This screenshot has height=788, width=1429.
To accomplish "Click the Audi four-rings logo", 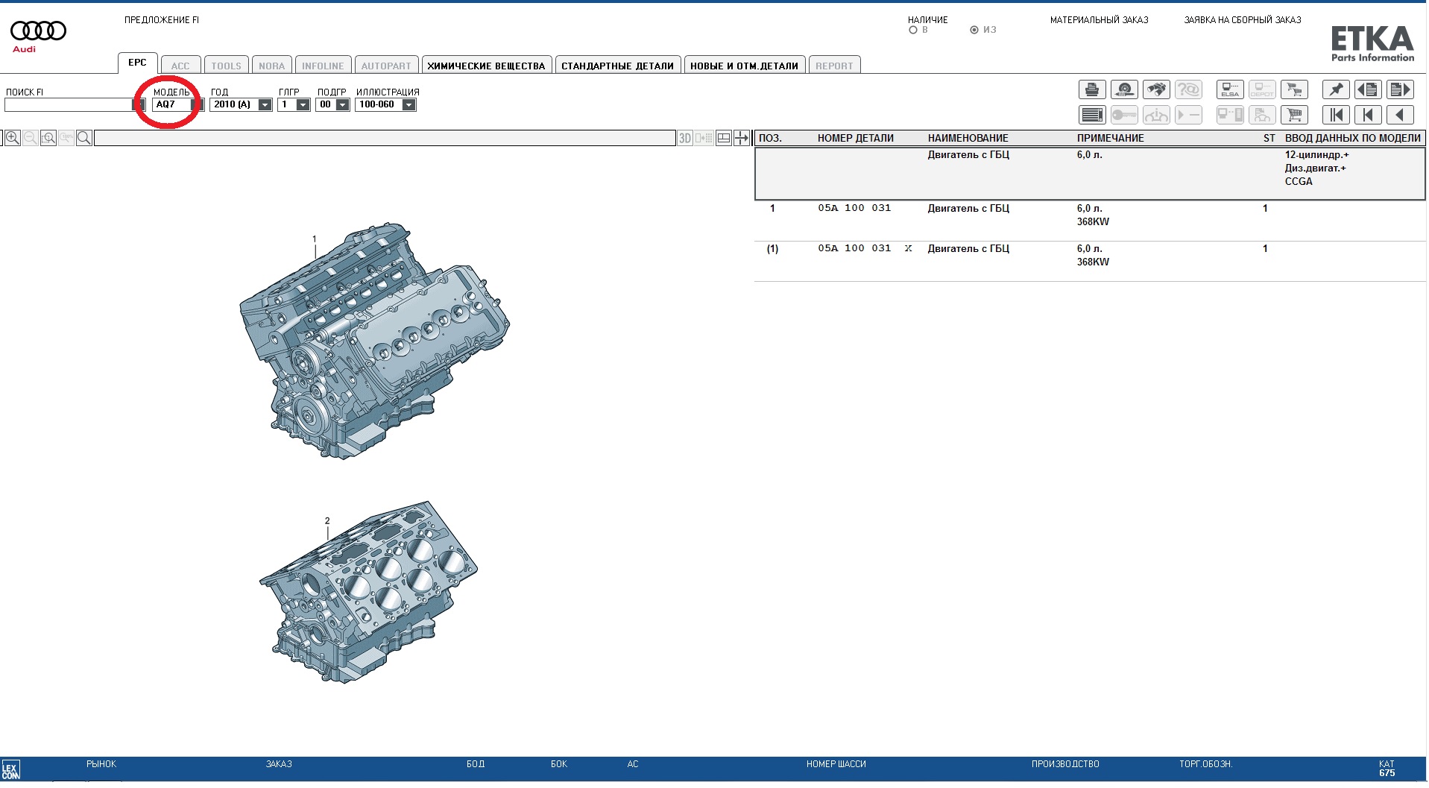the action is (x=38, y=31).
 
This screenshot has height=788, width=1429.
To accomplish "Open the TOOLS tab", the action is (x=226, y=66).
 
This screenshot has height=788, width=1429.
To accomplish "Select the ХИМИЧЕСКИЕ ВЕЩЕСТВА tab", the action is (x=486, y=66).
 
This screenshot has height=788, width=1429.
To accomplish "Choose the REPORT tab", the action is (x=834, y=66).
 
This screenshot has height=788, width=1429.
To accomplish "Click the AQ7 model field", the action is (x=171, y=105).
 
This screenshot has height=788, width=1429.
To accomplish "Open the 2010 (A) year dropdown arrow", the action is (x=265, y=105).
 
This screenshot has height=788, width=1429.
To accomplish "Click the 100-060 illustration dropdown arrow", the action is (x=408, y=105).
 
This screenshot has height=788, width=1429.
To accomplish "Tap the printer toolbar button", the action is (x=1092, y=90).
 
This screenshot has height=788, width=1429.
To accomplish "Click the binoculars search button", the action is (x=1156, y=90).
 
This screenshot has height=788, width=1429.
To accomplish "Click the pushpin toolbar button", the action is (x=1336, y=90).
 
